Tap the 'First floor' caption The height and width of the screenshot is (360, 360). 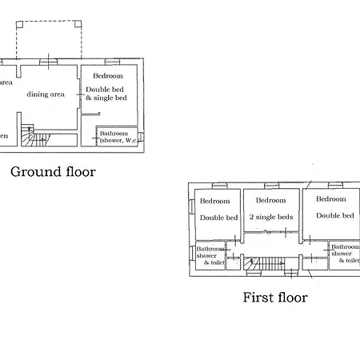274,298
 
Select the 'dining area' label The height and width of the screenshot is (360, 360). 46,94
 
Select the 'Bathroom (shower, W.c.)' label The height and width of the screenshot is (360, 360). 118,137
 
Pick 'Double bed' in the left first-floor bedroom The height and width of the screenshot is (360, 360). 218,218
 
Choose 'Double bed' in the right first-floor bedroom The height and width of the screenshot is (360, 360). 334,215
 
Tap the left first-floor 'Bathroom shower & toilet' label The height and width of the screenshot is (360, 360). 211,255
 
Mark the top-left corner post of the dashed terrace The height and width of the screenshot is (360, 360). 16,22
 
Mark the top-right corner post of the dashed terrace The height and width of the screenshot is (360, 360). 80,22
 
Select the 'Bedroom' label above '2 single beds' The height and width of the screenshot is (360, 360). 271,200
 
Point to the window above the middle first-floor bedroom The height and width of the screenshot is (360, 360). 272,185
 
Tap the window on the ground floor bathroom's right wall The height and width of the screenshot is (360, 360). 142,136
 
